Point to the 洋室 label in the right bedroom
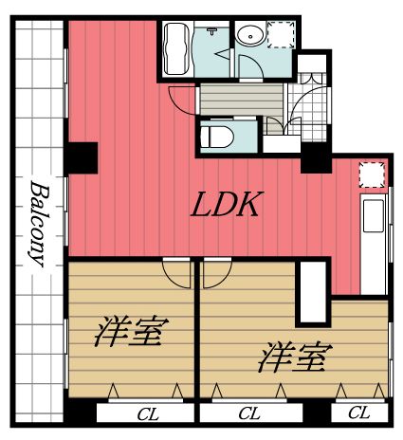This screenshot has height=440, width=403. (294, 357)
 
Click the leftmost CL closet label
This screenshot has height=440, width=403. (147, 413)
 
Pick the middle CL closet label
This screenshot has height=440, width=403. (250, 413)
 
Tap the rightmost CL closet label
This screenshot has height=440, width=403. (358, 412)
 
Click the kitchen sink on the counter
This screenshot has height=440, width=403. (373, 214)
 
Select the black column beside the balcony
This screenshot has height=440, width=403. (83, 157)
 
